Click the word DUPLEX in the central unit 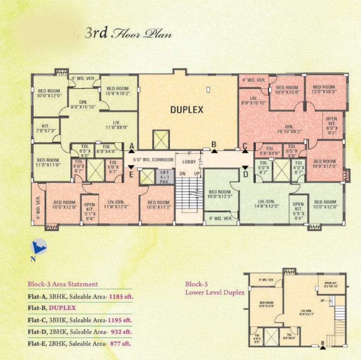tap(186, 110)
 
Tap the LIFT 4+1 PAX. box tap(164, 177)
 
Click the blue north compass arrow tap(37, 246)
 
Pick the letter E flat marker tap(132, 174)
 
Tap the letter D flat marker tap(244, 174)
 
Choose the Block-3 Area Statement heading tap(63, 284)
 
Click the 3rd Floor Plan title tap(128, 33)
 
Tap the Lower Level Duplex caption tap(215, 292)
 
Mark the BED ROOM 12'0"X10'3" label tap(324, 89)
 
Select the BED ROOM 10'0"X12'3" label tap(220, 194)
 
